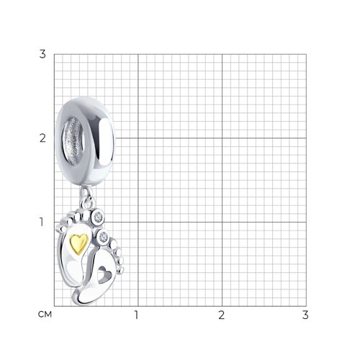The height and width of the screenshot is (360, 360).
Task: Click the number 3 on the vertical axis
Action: pos(42,54)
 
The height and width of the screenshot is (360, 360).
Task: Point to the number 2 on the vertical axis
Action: pos(42,138)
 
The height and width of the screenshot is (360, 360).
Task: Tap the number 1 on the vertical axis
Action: pos(42,222)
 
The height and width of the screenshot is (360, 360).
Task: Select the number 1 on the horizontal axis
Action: pos(137,315)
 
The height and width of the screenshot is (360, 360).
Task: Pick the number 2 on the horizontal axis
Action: pos(221,315)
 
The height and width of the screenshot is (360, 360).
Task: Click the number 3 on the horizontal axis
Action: pos(305,315)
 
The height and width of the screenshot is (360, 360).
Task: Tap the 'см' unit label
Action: pos(45,315)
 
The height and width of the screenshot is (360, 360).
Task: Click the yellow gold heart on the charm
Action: pos(79,243)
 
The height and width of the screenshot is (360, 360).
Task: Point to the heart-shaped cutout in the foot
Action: pos(104,275)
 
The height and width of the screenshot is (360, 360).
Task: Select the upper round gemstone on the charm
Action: pos(98,217)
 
